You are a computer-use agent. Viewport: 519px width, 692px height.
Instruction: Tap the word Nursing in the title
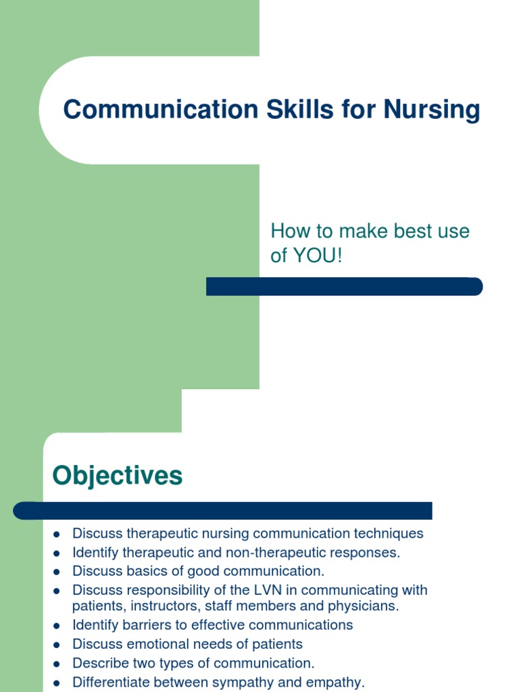(432, 109)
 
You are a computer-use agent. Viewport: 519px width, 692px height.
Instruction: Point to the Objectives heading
(118, 476)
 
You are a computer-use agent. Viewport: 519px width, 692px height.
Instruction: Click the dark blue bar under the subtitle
(344, 287)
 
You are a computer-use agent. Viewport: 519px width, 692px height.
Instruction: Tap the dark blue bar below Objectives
(223, 510)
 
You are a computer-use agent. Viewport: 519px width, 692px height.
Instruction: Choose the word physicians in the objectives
(364, 606)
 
